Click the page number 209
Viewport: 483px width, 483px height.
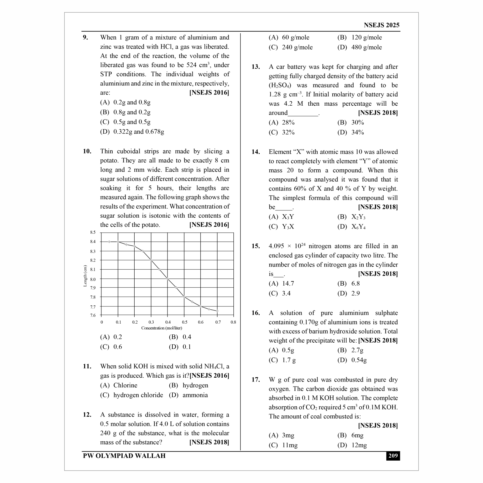click(393, 456)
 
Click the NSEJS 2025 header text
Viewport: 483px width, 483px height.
click(382, 25)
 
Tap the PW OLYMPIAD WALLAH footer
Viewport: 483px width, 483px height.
click(124, 456)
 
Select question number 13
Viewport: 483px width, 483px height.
click(256, 67)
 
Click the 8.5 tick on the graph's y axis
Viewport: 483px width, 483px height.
click(93, 232)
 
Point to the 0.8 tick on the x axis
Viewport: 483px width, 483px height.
click(233, 322)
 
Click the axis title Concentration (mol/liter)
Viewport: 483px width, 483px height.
click(162, 328)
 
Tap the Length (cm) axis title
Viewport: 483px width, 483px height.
click(85, 276)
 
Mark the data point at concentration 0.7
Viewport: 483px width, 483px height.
click(217, 311)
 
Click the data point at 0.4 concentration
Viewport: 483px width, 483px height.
click(168, 279)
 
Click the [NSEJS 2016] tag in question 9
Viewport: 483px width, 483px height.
click(209, 93)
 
